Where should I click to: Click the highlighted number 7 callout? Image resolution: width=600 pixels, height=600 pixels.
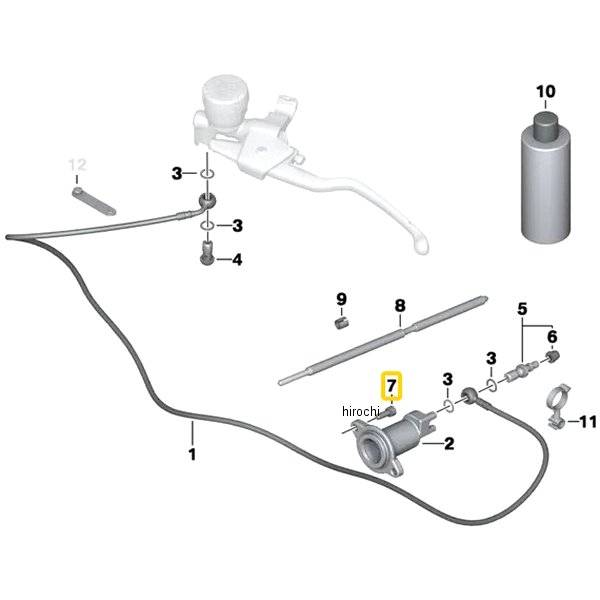391,385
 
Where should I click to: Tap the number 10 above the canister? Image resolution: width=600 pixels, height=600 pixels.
546,92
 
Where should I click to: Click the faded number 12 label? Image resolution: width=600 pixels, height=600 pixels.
77,165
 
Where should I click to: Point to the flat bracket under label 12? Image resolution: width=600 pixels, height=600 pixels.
94,201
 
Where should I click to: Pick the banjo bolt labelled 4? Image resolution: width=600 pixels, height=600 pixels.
207,253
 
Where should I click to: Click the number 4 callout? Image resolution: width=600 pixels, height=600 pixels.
237,260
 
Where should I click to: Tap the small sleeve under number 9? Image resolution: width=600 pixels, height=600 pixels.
342,323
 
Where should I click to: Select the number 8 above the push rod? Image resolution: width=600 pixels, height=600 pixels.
399,305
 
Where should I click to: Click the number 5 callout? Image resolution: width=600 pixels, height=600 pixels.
522,308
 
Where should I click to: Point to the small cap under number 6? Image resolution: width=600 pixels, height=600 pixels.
553,357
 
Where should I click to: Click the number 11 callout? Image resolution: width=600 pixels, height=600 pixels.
588,422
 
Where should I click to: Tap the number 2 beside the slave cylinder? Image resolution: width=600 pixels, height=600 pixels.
449,443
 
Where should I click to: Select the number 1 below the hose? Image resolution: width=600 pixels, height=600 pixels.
192,455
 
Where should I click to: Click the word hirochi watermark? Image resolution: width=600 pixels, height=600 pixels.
361,411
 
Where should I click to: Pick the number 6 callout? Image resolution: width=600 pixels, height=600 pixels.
552,337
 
